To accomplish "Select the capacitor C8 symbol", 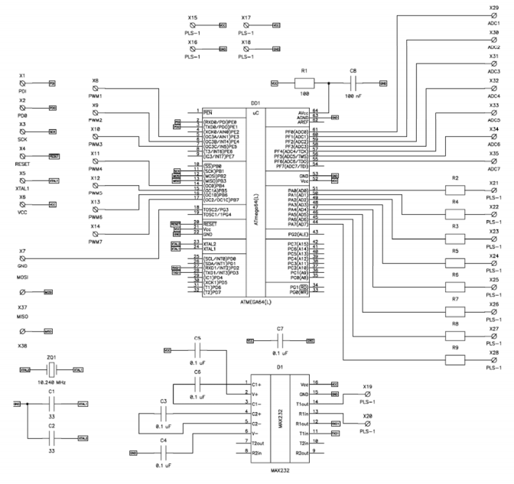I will (x=353, y=82).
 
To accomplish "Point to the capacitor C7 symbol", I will (x=279, y=337).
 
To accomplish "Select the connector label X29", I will (x=493, y=8).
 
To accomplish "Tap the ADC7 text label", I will (x=493, y=168).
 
